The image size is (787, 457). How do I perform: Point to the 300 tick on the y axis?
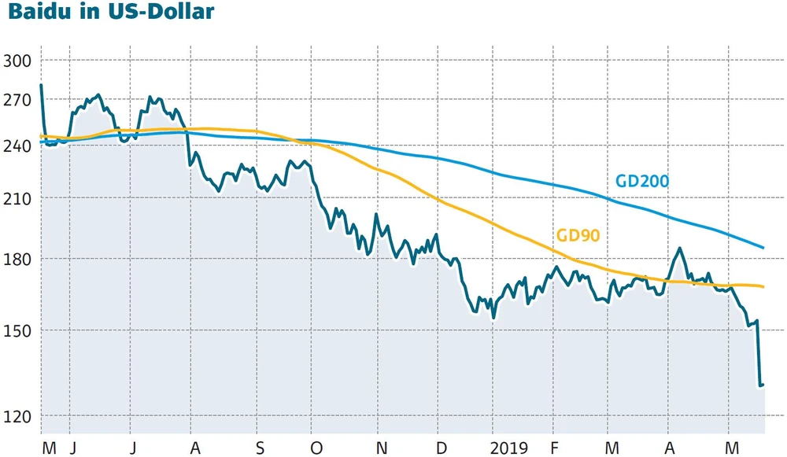click(17, 61)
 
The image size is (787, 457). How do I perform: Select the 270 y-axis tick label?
click(17, 101)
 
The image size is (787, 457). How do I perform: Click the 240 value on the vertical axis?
click(17, 146)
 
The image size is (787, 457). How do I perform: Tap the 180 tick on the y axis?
click(17, 260)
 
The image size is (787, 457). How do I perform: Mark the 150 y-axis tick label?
click(17, 330)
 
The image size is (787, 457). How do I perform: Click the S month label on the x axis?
click(260, 448)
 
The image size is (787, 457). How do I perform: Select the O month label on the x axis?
click(317, 448)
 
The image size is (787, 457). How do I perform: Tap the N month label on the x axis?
click(380, 448)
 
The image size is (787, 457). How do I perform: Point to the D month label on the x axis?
click(439, 448)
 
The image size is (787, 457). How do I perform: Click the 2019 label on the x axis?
click(508, 448)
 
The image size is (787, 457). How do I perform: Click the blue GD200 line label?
click(641, 182)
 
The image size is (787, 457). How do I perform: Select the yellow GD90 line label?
click(578, 234)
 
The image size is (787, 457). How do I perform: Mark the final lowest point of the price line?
click(761, 386)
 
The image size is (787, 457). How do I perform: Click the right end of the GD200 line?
click(763, 248)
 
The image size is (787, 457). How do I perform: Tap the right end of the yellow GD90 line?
click(763, 286)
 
